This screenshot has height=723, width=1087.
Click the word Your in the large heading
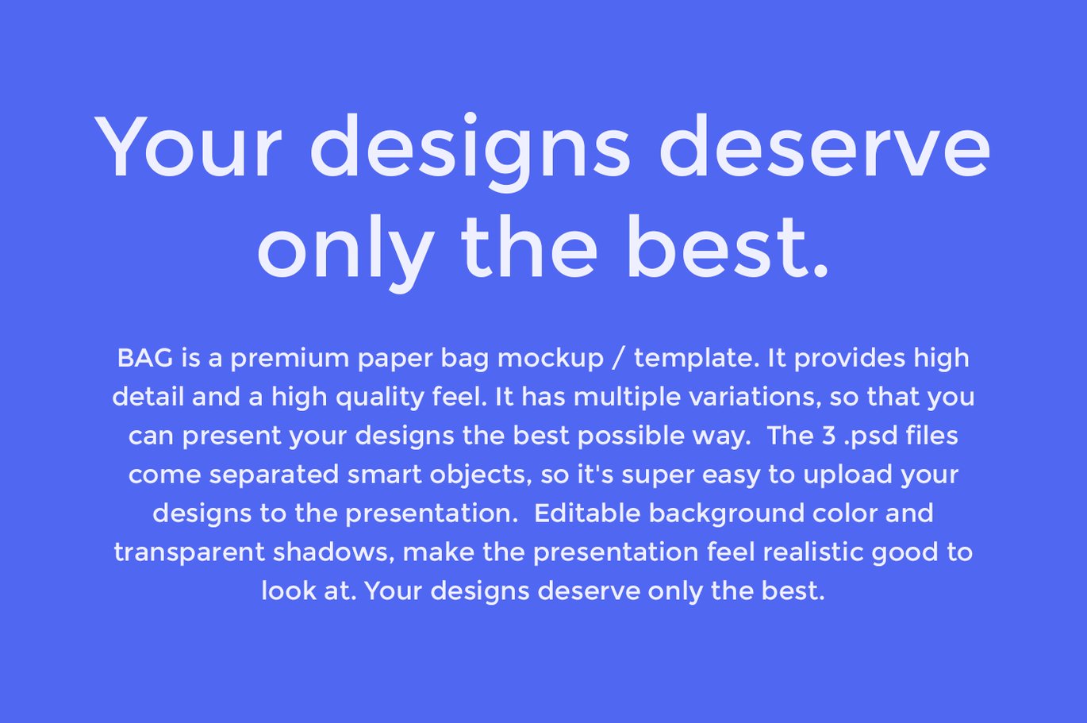click(188, 145)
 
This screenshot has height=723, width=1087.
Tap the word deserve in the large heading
click(825, 144)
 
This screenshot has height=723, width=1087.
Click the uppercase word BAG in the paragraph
click(145, 358)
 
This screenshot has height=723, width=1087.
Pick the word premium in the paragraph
click(290, 359)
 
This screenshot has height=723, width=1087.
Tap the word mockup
click(551, 359)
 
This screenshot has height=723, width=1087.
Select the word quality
click(380, 398)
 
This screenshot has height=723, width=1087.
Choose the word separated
click(275, 475)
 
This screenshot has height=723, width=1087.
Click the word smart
click(385, 475)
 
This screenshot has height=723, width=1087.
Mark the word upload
click(847, 475)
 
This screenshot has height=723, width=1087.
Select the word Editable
click(587, 513)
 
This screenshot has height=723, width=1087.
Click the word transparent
click(190, 553)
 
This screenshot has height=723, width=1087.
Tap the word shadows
click(334, 552)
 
